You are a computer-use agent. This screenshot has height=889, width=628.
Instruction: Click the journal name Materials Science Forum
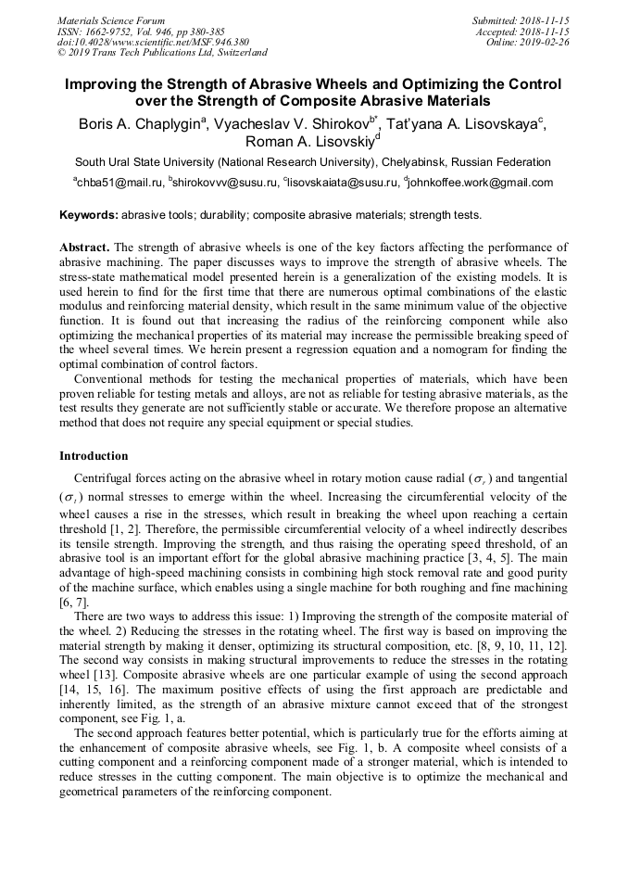(x=111, y=20)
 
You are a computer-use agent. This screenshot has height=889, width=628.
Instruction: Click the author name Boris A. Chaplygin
(x=141, y=123)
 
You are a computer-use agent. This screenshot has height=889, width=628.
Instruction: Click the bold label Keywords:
(x=89, y=215)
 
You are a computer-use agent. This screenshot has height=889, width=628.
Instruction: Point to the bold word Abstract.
(x=84, y=248)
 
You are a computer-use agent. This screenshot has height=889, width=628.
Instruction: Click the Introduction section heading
(x=94, y=456)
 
